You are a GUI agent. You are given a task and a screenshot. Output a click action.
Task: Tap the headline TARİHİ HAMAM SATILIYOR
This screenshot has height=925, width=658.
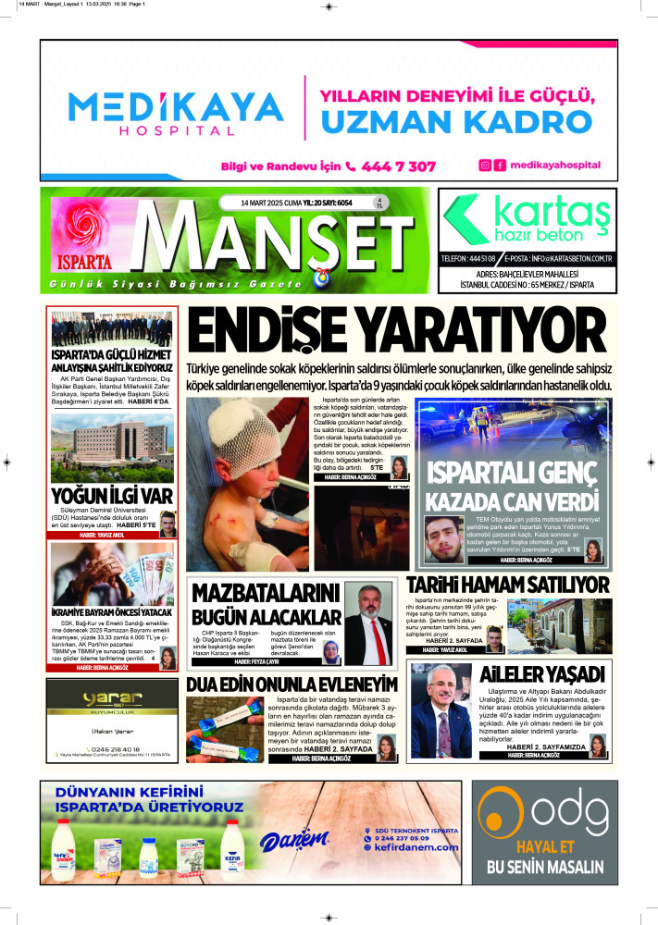[x=508, y=585]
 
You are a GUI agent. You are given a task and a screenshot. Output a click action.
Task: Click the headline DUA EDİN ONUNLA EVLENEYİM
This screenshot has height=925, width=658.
[x=292, y=684]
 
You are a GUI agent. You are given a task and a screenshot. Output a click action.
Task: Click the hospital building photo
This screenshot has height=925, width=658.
[x=113, y=447]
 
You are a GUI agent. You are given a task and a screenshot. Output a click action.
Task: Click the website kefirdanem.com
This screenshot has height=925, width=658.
[x=416, y=847]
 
